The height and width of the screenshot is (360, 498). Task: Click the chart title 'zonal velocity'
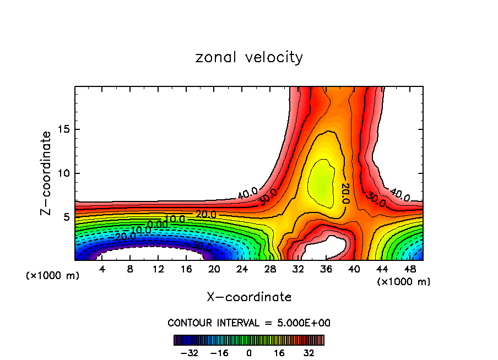249,57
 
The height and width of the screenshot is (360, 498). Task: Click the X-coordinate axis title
249,297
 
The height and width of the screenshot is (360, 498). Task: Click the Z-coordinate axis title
47,173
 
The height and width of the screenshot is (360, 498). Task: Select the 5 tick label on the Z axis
66,217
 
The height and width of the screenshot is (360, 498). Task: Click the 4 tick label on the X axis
102,269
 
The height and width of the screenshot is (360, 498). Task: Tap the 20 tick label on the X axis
214,269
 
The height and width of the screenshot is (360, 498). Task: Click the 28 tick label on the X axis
270,269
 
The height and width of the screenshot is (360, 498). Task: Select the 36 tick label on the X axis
326,269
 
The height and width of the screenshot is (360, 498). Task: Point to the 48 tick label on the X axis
410,269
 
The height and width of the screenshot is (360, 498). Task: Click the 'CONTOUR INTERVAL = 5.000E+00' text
249,323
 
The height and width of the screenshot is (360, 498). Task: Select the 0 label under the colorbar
249,353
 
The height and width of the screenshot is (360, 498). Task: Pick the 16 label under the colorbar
279,353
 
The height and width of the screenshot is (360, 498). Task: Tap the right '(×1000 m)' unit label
404,282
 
